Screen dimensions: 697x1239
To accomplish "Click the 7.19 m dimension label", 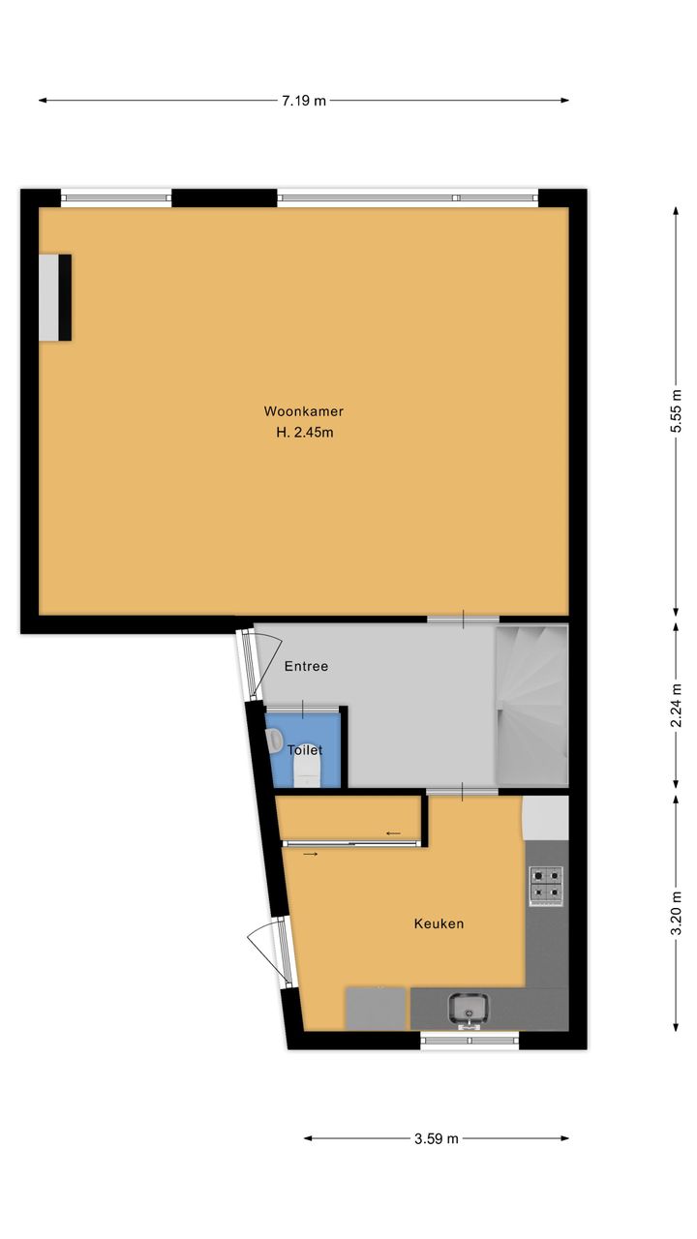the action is pos(304,101).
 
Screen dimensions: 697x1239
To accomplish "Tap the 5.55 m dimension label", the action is pos(676,411).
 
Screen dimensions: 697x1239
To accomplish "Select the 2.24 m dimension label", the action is pos(676,707).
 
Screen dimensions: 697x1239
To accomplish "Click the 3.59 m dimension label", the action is pos(437,1138).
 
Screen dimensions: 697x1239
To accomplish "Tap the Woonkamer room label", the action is pos(304,411).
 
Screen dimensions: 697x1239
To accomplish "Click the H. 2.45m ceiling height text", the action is pos(305,433).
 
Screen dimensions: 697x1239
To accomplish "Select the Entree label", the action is pos(306,667).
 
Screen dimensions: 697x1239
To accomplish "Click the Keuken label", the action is pos(439,923).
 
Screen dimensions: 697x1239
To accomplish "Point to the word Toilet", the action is pos(305,750).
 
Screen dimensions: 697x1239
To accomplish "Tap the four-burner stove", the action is pos(547,886).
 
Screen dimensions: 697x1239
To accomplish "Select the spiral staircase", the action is pos(532,706).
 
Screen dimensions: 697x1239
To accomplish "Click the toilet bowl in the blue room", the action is pos(307,771).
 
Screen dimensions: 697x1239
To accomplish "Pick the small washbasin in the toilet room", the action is pos(274,740).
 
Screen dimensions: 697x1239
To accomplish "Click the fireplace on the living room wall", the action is pos(55,297).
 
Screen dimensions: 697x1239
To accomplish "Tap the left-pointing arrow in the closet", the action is pos(393,833).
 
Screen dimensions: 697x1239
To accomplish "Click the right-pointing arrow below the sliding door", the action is pos(311,855).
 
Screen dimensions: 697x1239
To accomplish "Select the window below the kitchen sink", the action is pos(470,1040).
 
